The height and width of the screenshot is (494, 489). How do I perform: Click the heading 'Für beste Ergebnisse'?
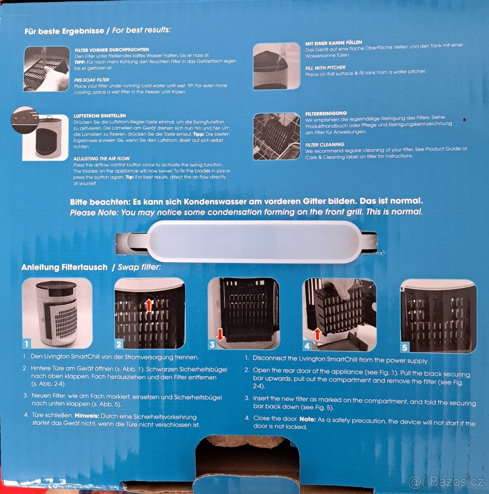64,31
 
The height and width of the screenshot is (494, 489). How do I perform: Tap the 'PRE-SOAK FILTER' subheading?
91,80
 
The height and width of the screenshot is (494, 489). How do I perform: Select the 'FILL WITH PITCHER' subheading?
325,68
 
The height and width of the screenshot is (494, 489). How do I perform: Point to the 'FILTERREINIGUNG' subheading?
326,113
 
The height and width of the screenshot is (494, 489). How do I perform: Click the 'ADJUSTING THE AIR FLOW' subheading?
102,158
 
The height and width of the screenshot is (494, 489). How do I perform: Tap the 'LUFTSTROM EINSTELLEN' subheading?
100,116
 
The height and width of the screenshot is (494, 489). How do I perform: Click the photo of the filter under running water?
47,69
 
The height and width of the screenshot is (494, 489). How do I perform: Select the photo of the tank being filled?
276,66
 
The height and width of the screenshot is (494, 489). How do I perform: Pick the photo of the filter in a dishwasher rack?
276,137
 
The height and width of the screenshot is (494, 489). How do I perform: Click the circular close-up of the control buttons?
25,120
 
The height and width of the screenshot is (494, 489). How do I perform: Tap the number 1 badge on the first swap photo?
27,343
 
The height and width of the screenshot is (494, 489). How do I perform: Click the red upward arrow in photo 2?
149,305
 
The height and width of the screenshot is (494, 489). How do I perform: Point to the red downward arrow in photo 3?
220,335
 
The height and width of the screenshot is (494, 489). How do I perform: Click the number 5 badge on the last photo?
405,347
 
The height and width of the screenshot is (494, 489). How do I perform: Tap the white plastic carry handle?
246,242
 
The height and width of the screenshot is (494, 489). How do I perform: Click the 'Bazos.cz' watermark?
447,482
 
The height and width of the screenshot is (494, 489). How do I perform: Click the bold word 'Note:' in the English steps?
307,419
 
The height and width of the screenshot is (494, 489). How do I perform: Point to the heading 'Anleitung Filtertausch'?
64,267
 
